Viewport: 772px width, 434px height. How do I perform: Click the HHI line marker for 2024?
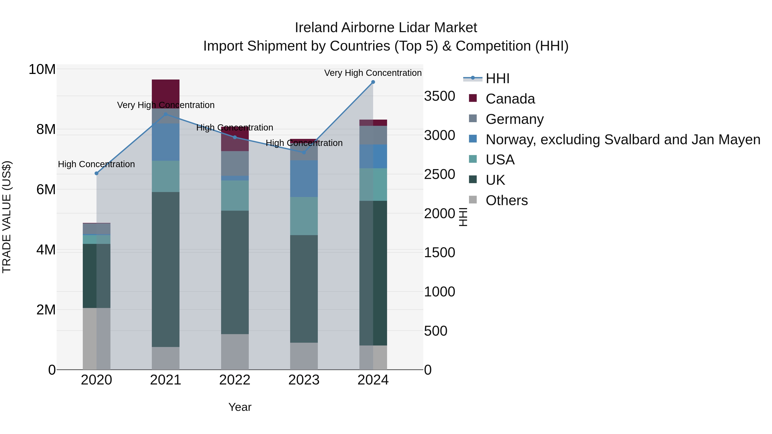click(x=373, y=82)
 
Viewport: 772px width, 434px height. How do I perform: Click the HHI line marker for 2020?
click(x=96, y=173)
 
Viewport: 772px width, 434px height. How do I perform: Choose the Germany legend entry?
click(x=514, y=119)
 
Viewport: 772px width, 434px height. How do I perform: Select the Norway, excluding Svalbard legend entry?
click(x=623, y=139)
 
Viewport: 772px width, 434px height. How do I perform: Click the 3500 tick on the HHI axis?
click(x=439, y=96)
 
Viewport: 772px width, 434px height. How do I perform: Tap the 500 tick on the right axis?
click(x=436, y=331)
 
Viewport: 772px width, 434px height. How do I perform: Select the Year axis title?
click(x=240, y=407)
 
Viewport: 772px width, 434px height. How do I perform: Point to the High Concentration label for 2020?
click(x=96, y=164)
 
